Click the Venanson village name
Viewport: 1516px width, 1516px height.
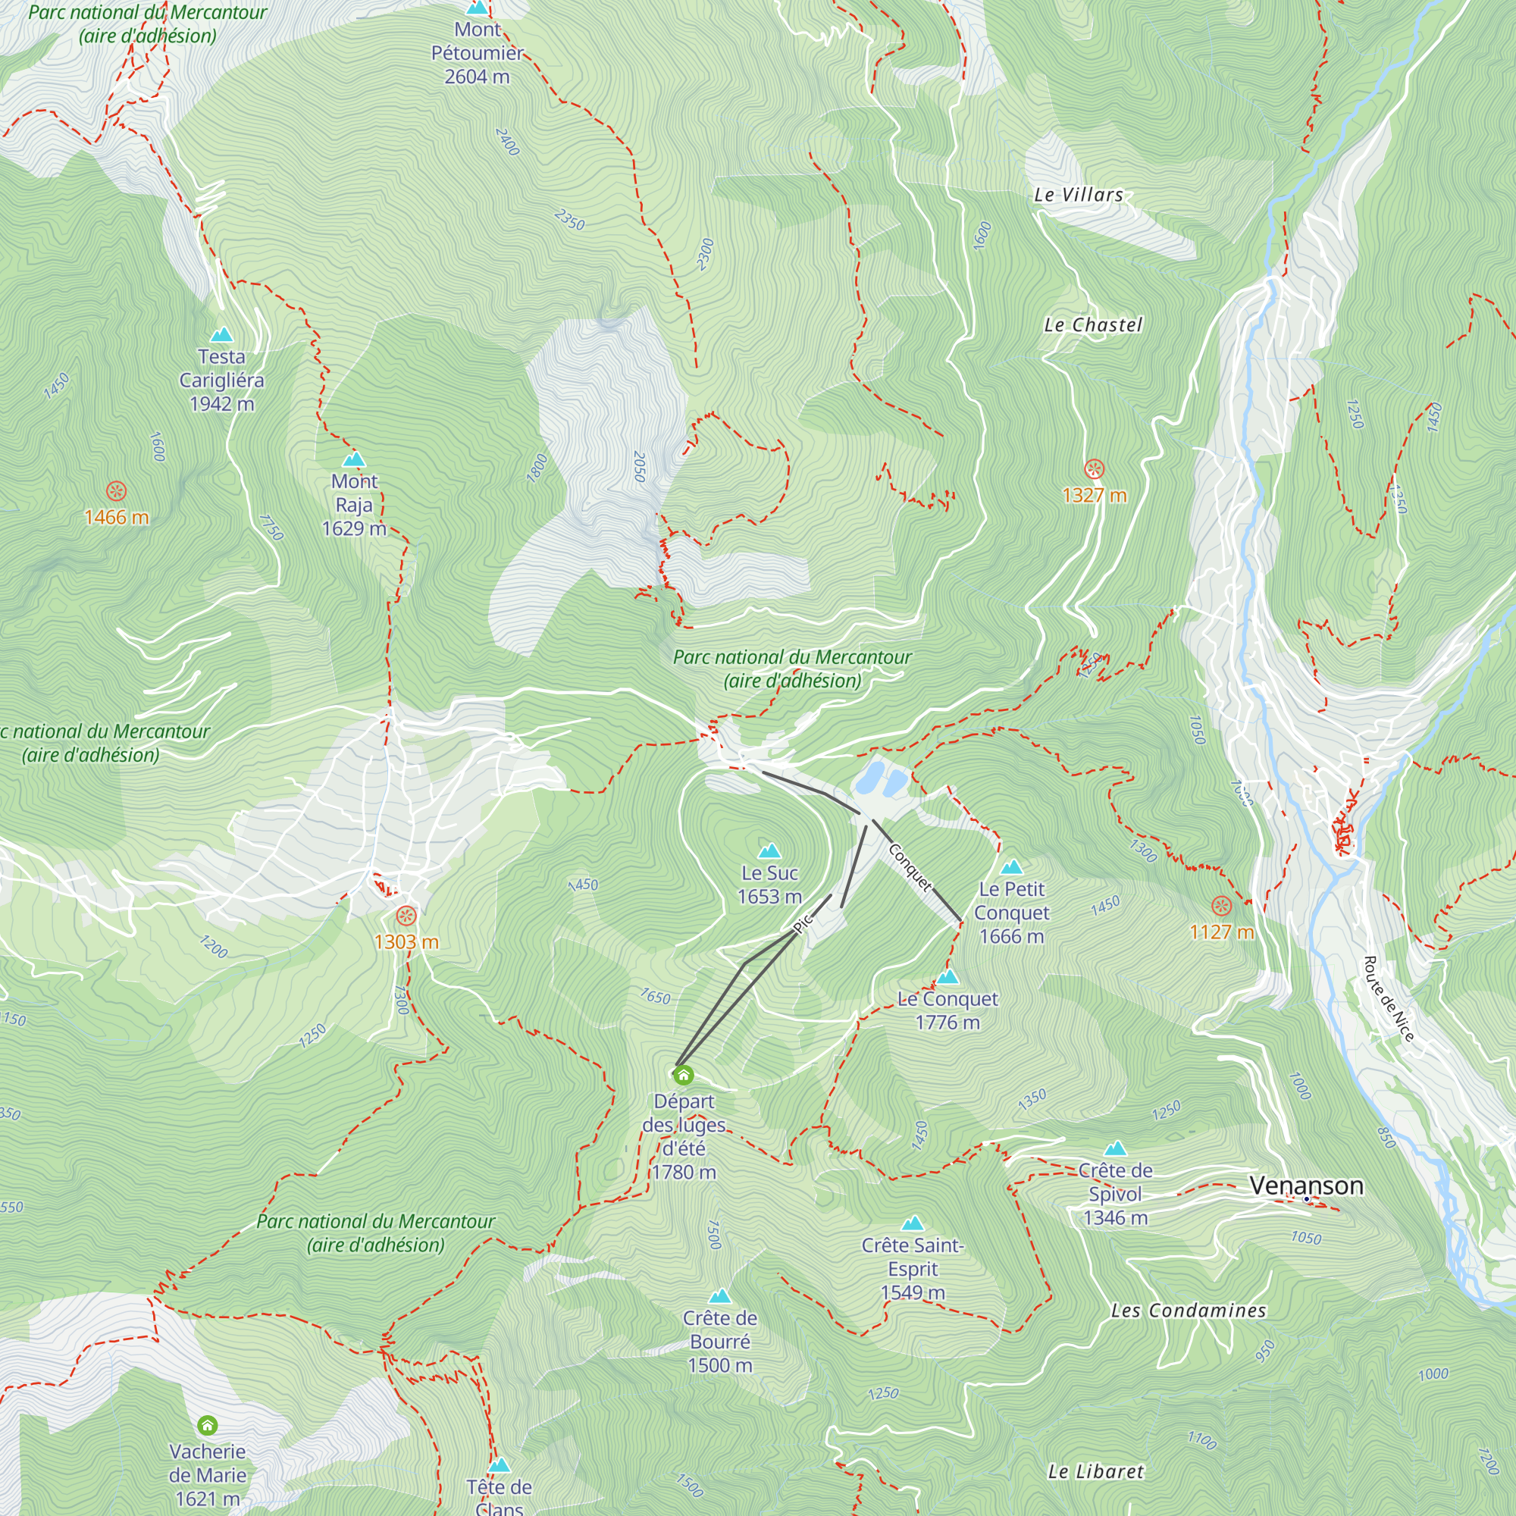click(1306, 1185)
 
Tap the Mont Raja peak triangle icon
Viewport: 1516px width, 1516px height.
click(354, 459)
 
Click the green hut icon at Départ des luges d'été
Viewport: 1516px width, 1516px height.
click(684, 1074)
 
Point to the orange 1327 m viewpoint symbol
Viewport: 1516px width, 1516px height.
click(1094, 469)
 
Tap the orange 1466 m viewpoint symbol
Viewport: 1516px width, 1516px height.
click(116, 492)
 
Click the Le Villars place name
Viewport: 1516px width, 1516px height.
click(1078, 196)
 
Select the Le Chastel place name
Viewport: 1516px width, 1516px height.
click(1093, 325)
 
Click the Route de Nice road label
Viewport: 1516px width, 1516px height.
click(1388, 999)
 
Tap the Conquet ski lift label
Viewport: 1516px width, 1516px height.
click(910, 867)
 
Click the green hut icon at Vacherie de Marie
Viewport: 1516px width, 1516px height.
click(207, 1424)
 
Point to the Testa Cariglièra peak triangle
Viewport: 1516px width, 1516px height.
click(222, 335)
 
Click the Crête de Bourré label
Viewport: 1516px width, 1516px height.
click(719, 1342)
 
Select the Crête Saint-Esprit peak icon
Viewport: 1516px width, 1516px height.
click(913, 1223)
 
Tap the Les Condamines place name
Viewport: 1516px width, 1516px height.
click(1188, 1311)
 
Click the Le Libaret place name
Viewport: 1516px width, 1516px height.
click(1095, 1472)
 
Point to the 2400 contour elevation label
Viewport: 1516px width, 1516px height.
click(507, 141)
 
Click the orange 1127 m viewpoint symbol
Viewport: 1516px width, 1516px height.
click(1221, 907)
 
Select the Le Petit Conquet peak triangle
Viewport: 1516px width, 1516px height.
click(1011, 867)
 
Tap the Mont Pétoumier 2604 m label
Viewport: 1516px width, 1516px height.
click(477, 52)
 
